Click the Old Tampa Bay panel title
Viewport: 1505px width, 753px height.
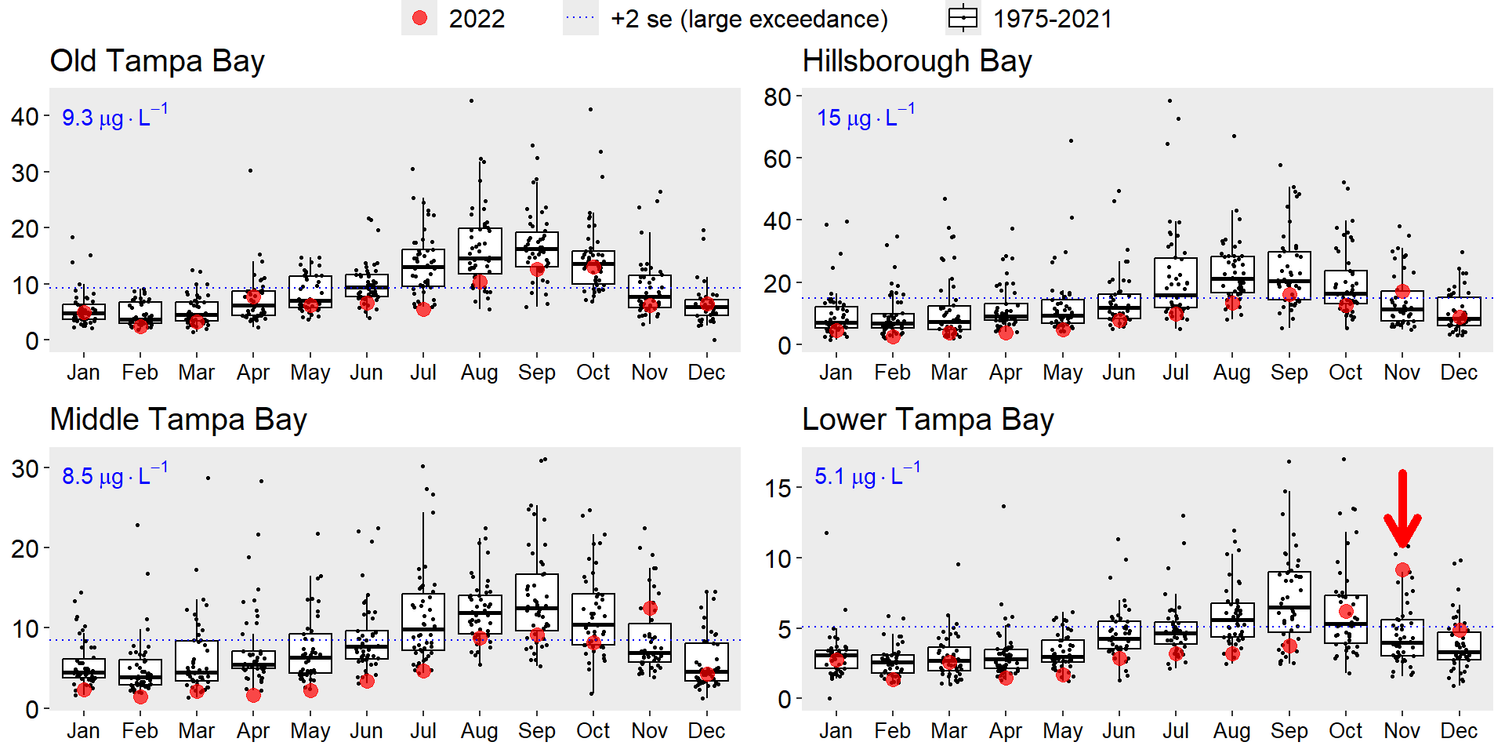(x=157, y=61)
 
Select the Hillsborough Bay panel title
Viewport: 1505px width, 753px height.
(x=916, y=61)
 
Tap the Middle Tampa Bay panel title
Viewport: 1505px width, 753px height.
(x=178, y=420)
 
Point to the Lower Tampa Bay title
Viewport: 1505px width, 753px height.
(x=927, y=420)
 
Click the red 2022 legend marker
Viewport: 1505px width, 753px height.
(x=420, y=18)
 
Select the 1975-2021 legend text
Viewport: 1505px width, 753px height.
(x=1053, y=19)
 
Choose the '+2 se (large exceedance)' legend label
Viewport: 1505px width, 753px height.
(x=749, y=19)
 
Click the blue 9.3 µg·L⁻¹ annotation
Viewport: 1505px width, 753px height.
(x=114, y=117)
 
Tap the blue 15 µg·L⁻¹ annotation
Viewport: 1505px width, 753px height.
(x=865, y=117)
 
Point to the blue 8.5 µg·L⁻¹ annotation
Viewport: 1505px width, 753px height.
(x=114, y=475)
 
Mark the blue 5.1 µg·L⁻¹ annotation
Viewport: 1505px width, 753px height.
(x=867, y=475)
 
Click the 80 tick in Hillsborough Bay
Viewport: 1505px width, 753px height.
(x=778, y=97)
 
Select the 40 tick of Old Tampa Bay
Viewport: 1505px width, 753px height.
(x=25, y=117)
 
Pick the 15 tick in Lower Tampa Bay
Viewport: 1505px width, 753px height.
(x=778, y=488)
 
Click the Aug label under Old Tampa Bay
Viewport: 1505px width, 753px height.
(x=479, y=373)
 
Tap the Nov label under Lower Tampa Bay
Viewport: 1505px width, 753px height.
(x=1402, y=731)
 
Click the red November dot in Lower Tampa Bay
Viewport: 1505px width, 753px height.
(x=1402, y=570)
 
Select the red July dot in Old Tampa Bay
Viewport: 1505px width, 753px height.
(x=423, y=309)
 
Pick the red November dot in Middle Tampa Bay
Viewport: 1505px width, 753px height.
(x=650, y=608)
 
